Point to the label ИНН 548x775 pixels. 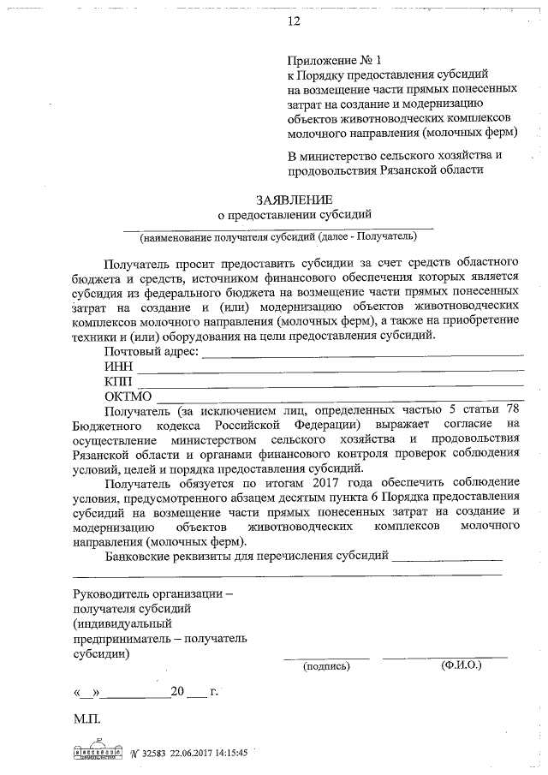119,367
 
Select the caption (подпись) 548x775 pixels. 326,665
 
